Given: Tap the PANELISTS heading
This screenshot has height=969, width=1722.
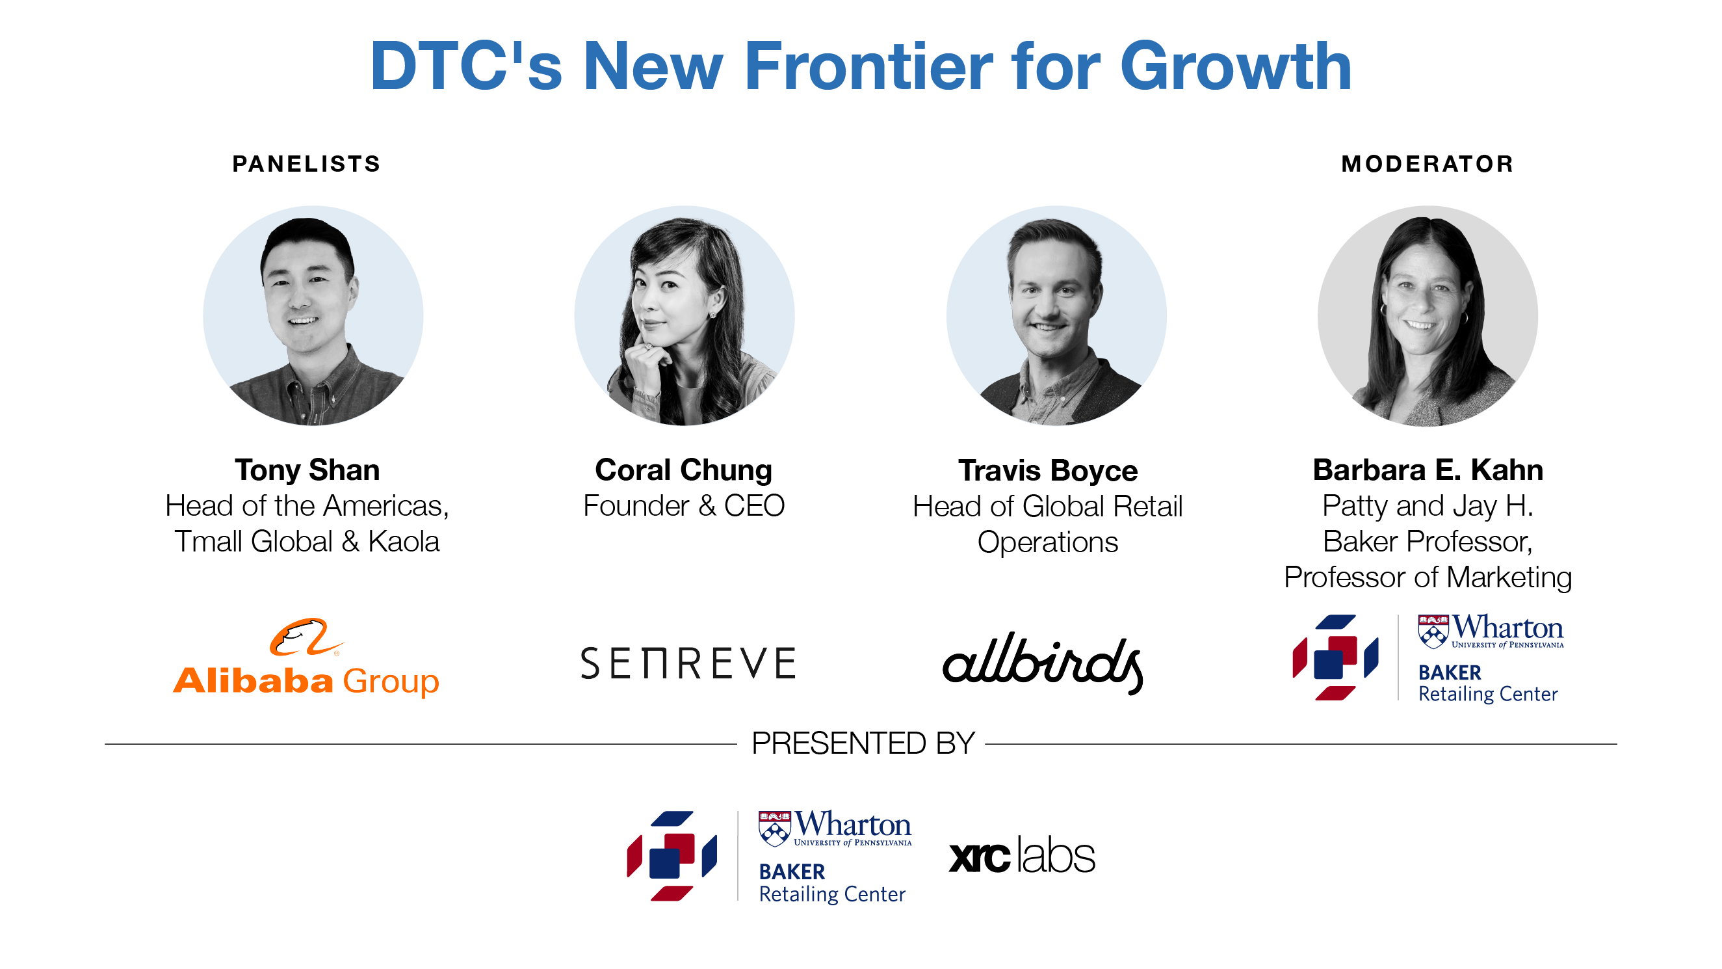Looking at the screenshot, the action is (x=306, y=164).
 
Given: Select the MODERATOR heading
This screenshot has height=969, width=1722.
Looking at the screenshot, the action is (x=1428, y=164).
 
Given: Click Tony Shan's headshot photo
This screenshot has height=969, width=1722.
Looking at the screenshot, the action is (x=313, y=315).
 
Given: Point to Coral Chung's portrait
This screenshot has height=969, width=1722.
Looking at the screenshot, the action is (x=685, y=315).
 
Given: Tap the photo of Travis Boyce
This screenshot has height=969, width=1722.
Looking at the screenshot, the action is (x=1056, y=315).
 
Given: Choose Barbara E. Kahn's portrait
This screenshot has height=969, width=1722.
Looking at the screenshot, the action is (x=1428, y=315).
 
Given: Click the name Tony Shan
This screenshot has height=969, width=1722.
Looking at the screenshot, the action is (x=307, y=470).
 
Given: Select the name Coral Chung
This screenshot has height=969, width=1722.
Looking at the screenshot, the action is (x=683, y=471).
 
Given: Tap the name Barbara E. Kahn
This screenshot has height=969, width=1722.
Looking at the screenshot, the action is (x=1428, y=470).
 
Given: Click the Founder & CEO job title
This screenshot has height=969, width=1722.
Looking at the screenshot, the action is (x=684, y=505).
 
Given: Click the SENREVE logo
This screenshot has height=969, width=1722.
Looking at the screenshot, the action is (x=688, y=663).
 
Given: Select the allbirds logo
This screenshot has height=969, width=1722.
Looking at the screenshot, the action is (x=1043, y=663).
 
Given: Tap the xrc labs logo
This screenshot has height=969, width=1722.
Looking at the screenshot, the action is (x=1022, y=855).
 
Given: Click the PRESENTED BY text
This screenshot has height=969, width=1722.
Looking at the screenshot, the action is (x=863, y=743).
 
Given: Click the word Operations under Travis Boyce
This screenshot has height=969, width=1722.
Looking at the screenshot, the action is (x=1047, y=542).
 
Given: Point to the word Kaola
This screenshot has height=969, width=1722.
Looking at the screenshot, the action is (x=404, y=542).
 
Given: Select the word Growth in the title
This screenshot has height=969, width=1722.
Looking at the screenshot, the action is (x=1236, y=66).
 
